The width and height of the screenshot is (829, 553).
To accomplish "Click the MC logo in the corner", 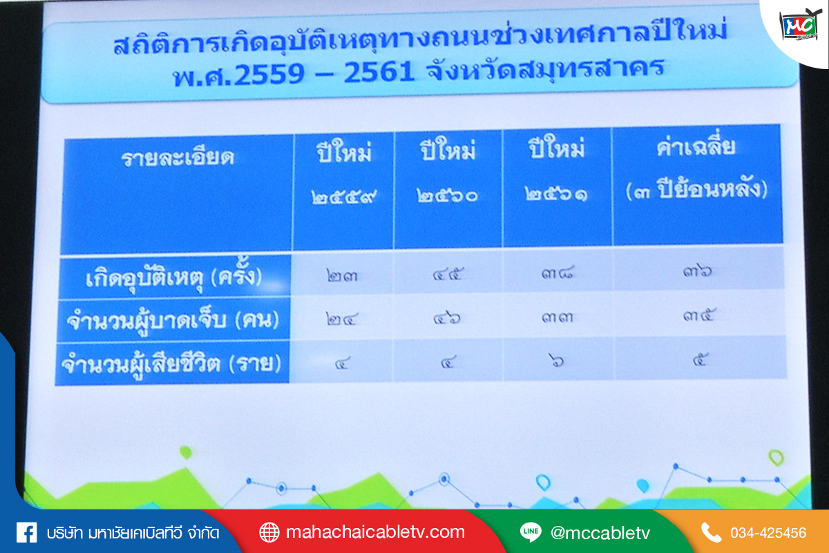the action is pyautogui.click(x=800, y=25).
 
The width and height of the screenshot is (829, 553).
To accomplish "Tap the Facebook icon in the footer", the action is pyautogui.click(x=27, y=533).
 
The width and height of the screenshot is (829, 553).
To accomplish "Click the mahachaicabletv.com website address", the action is pyautogui.click(x=375, y=532).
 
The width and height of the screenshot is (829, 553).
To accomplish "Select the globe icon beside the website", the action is pyautogui.click(x=269, y=533).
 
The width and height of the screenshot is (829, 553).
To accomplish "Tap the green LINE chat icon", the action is pyautogui.click(x=531, y=532).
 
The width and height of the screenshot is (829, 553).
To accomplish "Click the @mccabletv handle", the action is pyautogui.click(x=600, y=533).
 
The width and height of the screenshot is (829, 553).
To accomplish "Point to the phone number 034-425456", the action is pyautogui.click(x=768, y=533).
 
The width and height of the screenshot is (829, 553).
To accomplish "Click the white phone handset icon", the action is pyautogui.click(x=712, y=533).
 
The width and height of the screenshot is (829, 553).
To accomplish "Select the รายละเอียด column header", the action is pyautogui.click(x=178, y=158).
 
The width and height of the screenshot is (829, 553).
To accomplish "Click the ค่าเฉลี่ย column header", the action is pyautogui.click(x=696, y=147).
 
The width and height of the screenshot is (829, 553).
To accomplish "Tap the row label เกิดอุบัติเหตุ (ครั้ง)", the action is pyautogui.click(x=173, y=277).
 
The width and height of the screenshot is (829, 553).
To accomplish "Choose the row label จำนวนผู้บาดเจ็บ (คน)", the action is pyautogui.click(x=173, y=320).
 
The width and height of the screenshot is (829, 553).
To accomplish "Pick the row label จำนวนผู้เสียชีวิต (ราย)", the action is pyautogui.click(x=171, y=364).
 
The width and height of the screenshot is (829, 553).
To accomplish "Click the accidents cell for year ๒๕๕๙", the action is pyautogui.click(x=342, y=276).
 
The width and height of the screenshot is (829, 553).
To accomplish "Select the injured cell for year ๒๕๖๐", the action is pyautogui.click(x=447, y=318).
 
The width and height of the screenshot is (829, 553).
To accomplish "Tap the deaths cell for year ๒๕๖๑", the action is pyautogui.click(x=557, y=360).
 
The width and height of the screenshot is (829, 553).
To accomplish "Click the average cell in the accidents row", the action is pyautogui.click(x=697, y=272).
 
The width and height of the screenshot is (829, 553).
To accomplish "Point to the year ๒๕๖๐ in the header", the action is pyautogui.click(x=447, y=195).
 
